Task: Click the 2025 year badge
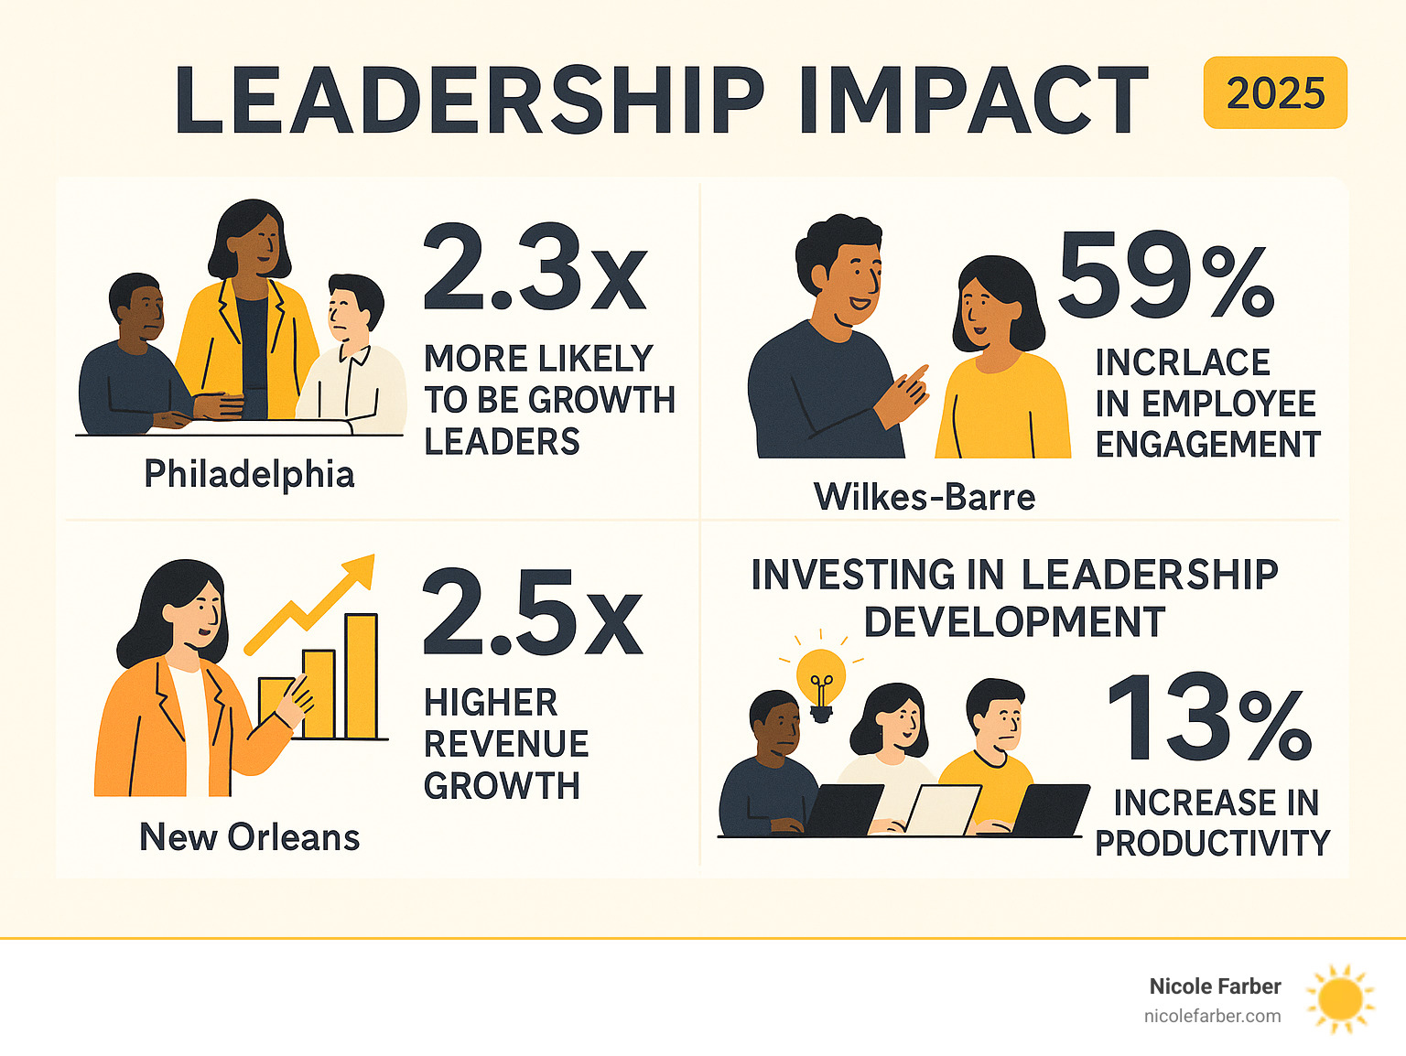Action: click(x=1275, y=93)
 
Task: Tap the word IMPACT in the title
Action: click(x=973, y=101)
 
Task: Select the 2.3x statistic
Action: click(x=535, y=268)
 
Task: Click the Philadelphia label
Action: click(x=249, y=474)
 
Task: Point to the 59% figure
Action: click(x=1165, y=274)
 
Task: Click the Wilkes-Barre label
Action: click(x=925, y=497)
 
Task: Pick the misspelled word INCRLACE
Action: click(x=1183, y=362)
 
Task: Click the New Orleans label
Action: click(x=249, y=837)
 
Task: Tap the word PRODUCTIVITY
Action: click(x=1212, y=843)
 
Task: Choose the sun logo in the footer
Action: click(x=1340, y=999)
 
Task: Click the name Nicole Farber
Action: click(x=1215, y=986)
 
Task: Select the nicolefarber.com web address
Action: click(x=1212, y=1016)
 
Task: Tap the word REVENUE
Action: click(x=506, y=744)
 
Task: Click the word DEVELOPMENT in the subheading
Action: click(x=1014, y=622)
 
